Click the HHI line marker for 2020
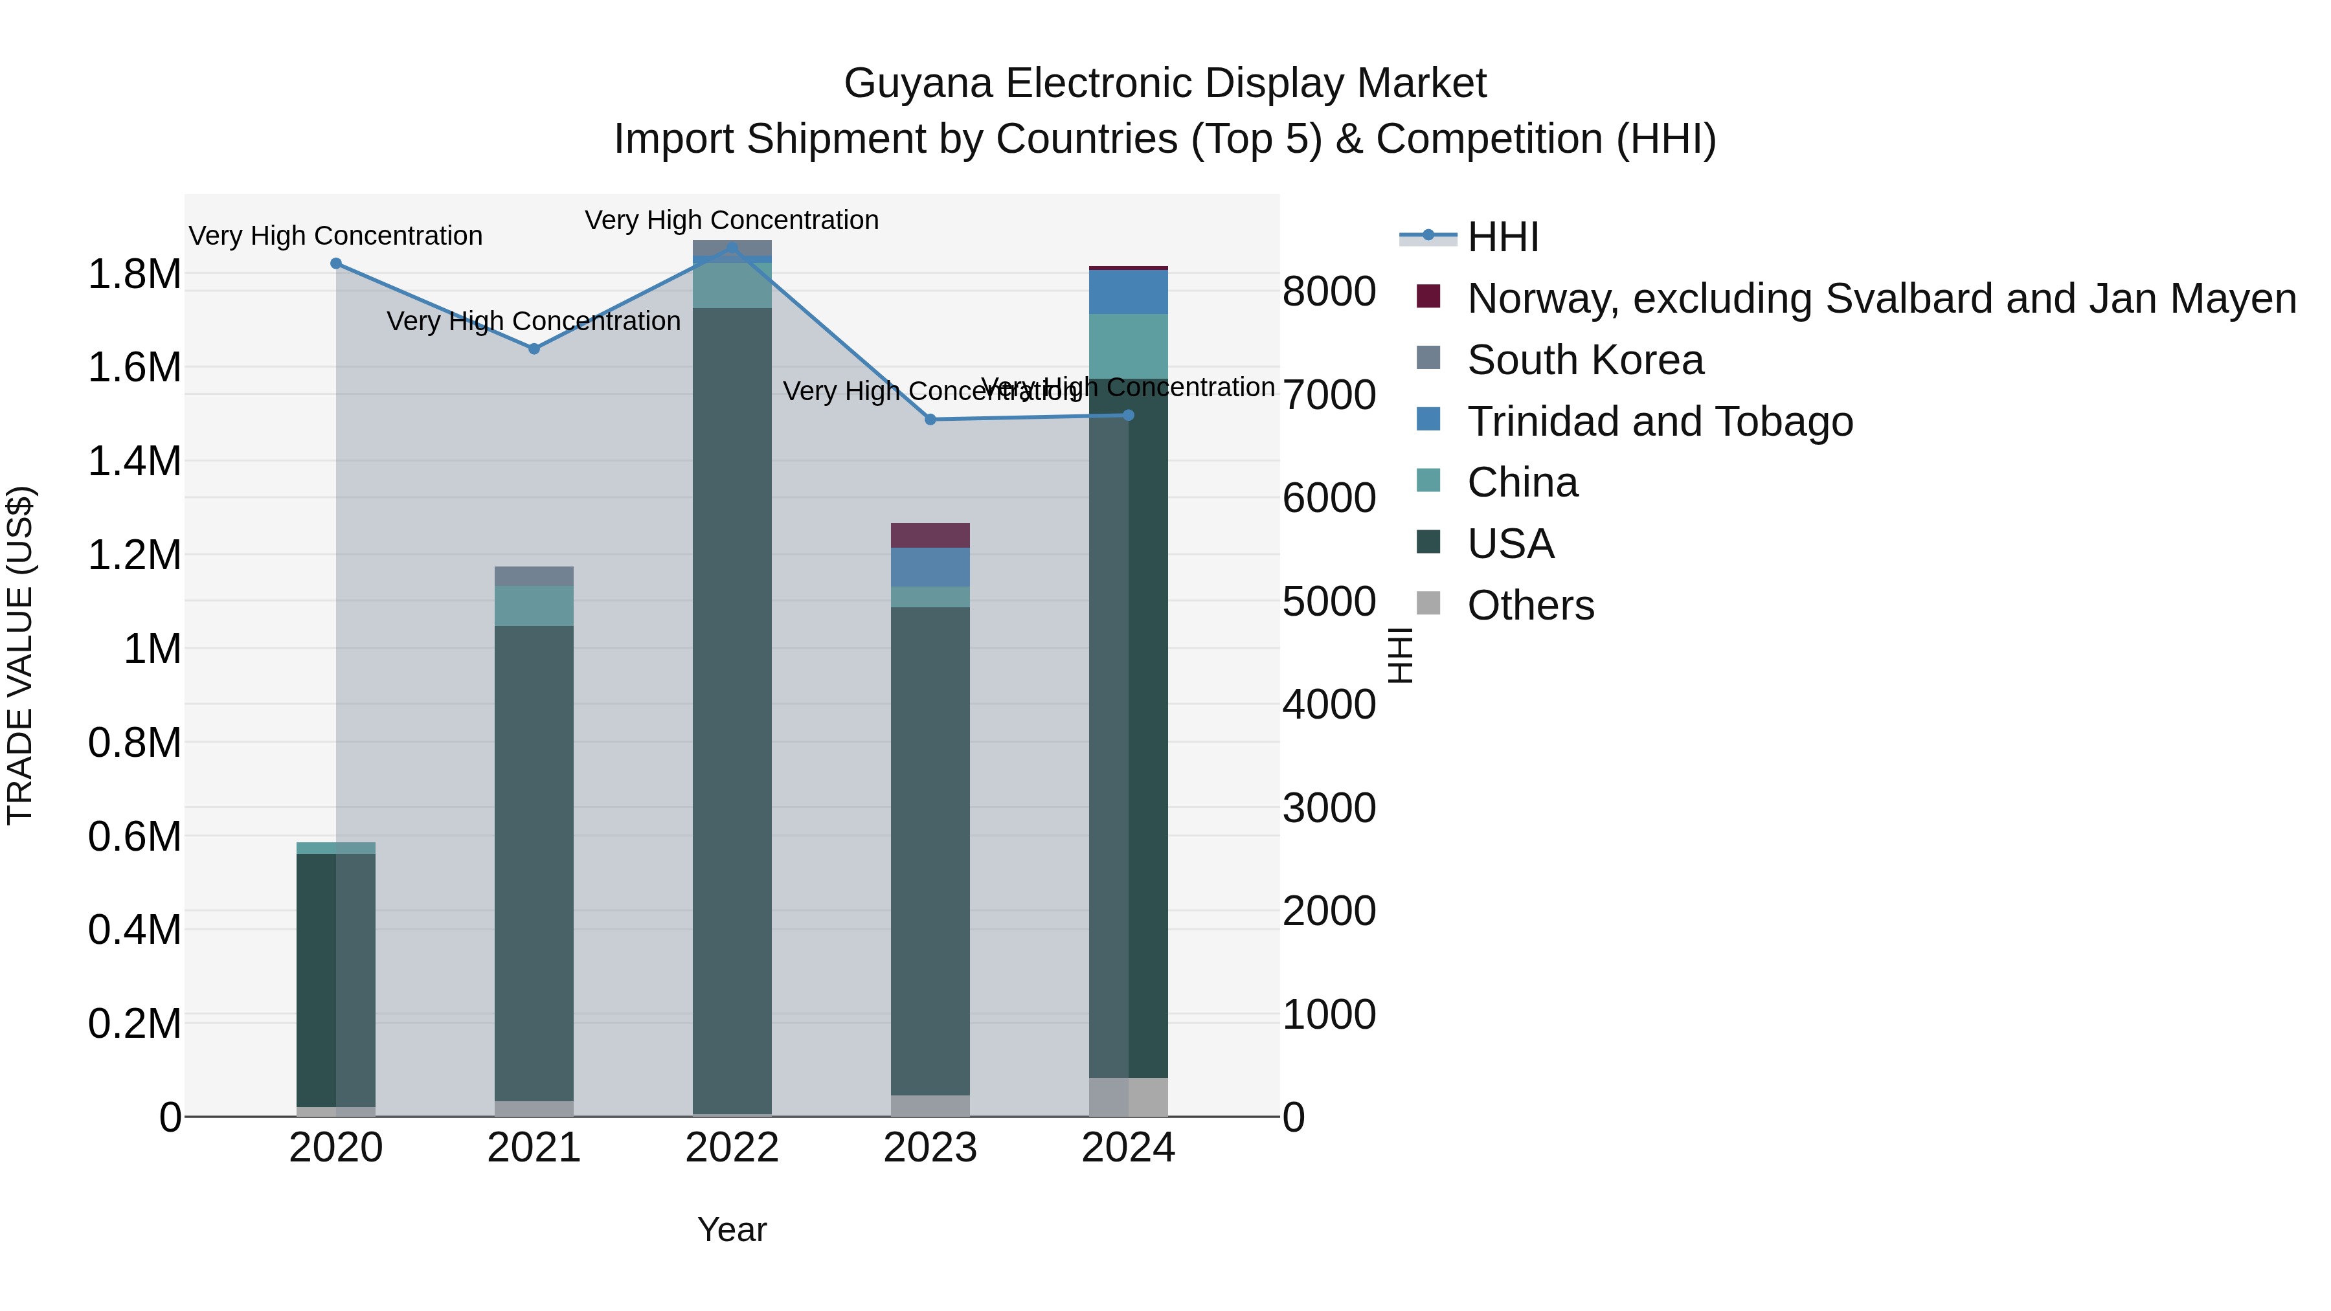point(335,263)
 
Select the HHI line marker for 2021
point(534,348)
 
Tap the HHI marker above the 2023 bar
point(930,420)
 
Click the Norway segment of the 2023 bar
point(930,535)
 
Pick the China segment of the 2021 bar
point(534,606)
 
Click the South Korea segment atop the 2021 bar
point(534,576)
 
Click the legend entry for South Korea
point(1584,360)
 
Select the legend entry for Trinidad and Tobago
point(1660,421)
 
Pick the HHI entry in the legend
point(1502,237)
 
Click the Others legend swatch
point(1428,603)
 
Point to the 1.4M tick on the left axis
point(134,462)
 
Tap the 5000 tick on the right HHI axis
point(1329,601)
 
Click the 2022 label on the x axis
point(732,1148)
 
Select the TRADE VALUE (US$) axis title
point(20,655)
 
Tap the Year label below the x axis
point(732,1229)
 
